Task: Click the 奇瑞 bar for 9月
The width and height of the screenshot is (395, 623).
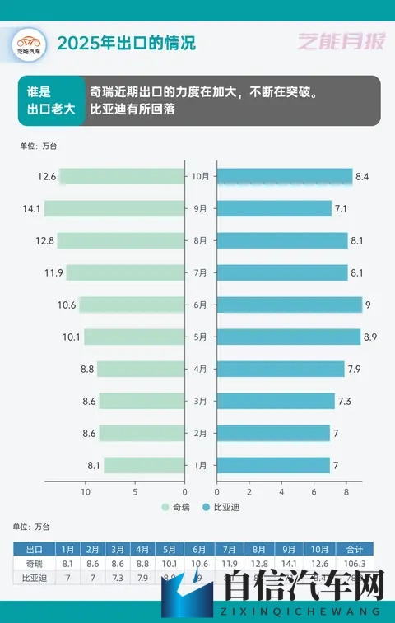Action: tap(114, 209)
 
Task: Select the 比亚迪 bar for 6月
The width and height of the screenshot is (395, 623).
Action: tap(289, 305)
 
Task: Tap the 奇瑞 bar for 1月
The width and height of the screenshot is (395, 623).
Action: tap(143, 466)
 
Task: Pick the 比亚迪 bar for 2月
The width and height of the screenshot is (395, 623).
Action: tap(273, 434)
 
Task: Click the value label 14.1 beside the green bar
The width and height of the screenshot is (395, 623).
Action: tap(32, 209)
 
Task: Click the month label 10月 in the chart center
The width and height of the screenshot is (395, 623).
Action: tap(200, 177)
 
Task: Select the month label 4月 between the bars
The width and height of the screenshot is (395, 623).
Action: tap(200, 370)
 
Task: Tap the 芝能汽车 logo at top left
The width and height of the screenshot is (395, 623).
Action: tap(29, 42)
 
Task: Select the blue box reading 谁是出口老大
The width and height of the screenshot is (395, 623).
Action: tap(51, 100)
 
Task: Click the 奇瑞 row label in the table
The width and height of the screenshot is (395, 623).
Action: tap(35, 564)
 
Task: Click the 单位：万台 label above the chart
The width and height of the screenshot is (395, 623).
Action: tap(38, 146)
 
